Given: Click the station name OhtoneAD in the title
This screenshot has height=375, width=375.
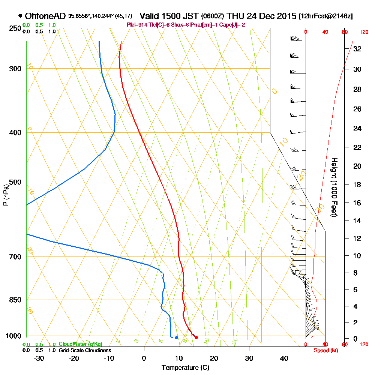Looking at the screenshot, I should (x=45, y=16).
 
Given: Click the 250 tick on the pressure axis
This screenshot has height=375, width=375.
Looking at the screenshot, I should (x=15, y=28).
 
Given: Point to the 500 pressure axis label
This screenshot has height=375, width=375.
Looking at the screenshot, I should (x=15, y=182).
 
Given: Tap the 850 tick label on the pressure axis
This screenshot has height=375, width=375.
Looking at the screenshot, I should (x=15, y=300).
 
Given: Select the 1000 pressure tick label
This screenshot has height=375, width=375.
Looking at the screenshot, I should (x=13, y=336).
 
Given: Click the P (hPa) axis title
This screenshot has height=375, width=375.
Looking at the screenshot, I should (x=6, y=195).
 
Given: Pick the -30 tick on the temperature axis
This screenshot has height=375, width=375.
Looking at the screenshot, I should (x=39, y=358).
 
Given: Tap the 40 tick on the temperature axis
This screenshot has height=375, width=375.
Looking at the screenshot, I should (x=284, y=358).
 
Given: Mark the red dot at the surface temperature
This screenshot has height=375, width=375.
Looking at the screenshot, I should (x=196, y=337).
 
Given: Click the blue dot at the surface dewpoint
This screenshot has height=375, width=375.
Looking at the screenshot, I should (x=176, y=337).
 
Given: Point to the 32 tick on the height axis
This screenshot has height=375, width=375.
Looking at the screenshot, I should (x=357, y=48).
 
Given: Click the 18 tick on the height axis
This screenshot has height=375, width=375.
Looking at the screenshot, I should (x=357, y=184).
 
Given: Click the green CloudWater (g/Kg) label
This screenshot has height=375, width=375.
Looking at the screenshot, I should (x=80, y=344).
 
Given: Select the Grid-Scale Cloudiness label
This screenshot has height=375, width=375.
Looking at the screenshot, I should (x=85, y=350).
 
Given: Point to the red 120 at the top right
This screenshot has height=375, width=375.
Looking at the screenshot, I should (x=363, y=32).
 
